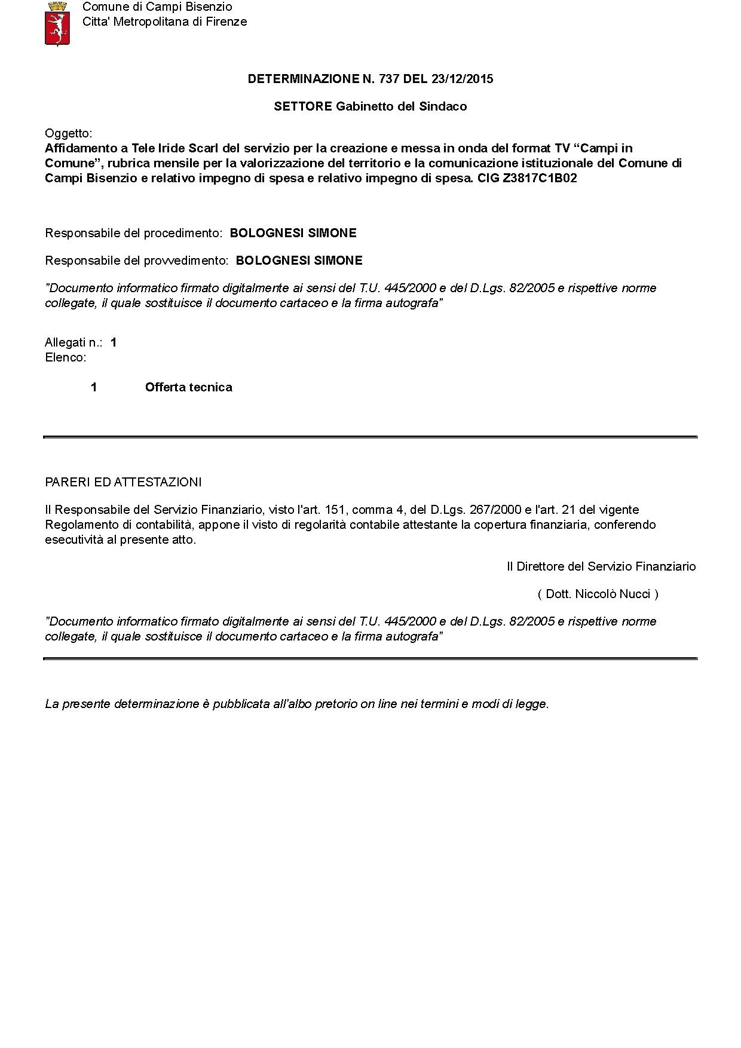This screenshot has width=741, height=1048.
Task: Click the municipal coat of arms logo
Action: pyautogui.click(x=58, y=23)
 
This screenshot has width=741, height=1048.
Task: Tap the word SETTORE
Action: pyautogui.click(x=303, y=106)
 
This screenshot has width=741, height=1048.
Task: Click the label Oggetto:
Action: pyautogui.click(x=69, y=133)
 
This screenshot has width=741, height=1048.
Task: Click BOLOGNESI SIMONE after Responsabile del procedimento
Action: pyautogui.click(x=293, y=233)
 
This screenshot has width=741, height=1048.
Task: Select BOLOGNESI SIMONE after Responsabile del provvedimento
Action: pyautogui.click(x=299, y=261)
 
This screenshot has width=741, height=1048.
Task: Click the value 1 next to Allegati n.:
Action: pyautogui.click(x=114, y=342)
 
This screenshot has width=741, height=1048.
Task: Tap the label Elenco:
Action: pyautogui.click(x=66, y=357)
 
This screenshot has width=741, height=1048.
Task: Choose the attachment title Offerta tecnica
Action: pyautogui.click(x=188, y=387)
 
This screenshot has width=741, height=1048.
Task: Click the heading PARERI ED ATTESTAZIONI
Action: pyautogui.click(x=123, y=482)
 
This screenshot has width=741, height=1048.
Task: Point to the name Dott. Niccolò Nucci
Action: pyautogui.click(x=598, y=594)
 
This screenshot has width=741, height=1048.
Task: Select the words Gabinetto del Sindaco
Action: pyautogui.click(x=401, y=106)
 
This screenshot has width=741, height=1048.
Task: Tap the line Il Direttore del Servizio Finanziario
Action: pyautogui.click(x=601, y=566)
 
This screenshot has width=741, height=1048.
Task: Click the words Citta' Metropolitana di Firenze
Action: pyautogui.click(x=164, y=22)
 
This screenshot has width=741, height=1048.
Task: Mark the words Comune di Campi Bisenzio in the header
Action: pyautogui.click(x=157, y=7)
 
